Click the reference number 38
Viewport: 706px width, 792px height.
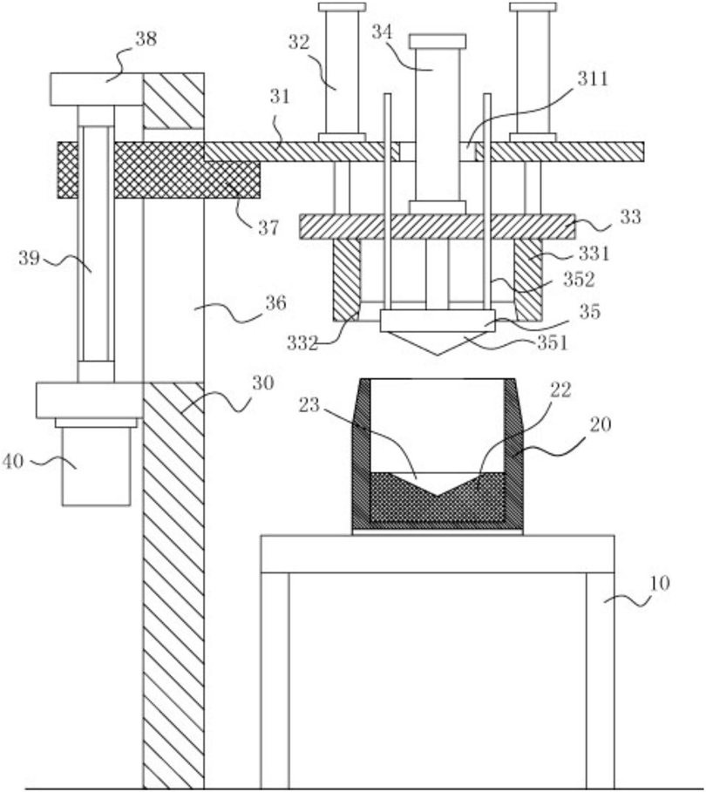click(x=146, y=39)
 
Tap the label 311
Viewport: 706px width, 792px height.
click(x=593, y=78)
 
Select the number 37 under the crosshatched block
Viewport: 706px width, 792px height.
click(x=268, y=228)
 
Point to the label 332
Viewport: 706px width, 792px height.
click(x=302, y=343)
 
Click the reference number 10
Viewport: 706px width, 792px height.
click(x=659, y=584)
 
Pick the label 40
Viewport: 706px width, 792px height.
click(x=13, y=461)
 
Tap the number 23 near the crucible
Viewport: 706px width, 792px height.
click(x=309, y=404)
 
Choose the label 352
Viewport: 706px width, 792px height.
click(x=579, y=280)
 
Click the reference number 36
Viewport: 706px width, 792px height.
click(x=276, y=303)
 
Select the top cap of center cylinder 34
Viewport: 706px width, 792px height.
click(x=438, y=41)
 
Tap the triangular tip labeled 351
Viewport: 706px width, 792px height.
click(x=438, y=342)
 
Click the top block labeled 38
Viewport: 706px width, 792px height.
click(x=96, y=90)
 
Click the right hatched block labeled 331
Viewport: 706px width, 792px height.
click(x=528, y=280)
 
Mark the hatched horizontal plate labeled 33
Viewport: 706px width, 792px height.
click(x=438, y=227)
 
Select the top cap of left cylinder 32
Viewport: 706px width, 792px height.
click(x=343, y=7)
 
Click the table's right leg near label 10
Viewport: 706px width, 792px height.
click(x=601, y=680)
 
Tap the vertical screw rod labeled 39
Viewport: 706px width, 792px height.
click(x=96, y=243)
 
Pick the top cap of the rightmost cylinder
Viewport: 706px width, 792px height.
click(x=533, y=7)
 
